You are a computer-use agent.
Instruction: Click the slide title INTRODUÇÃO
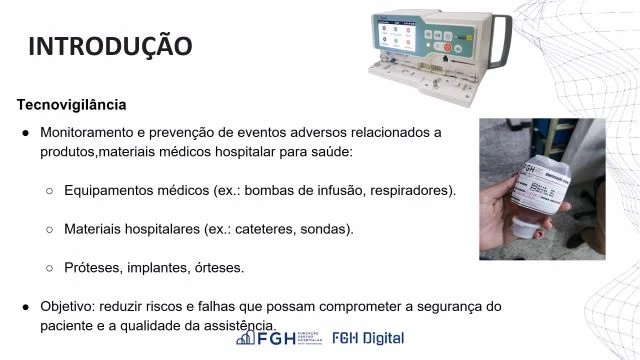click(x=109, y=46)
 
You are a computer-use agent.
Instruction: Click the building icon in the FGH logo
click(x=246, y=339)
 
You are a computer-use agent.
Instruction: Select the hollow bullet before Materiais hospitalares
click(x=50, y=229)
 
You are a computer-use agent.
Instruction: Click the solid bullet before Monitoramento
click(x=26, y=132)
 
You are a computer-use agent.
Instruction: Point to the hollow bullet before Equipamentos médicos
click(x=50, y=190)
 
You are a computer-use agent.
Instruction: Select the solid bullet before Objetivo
click(x=26, y=306)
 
